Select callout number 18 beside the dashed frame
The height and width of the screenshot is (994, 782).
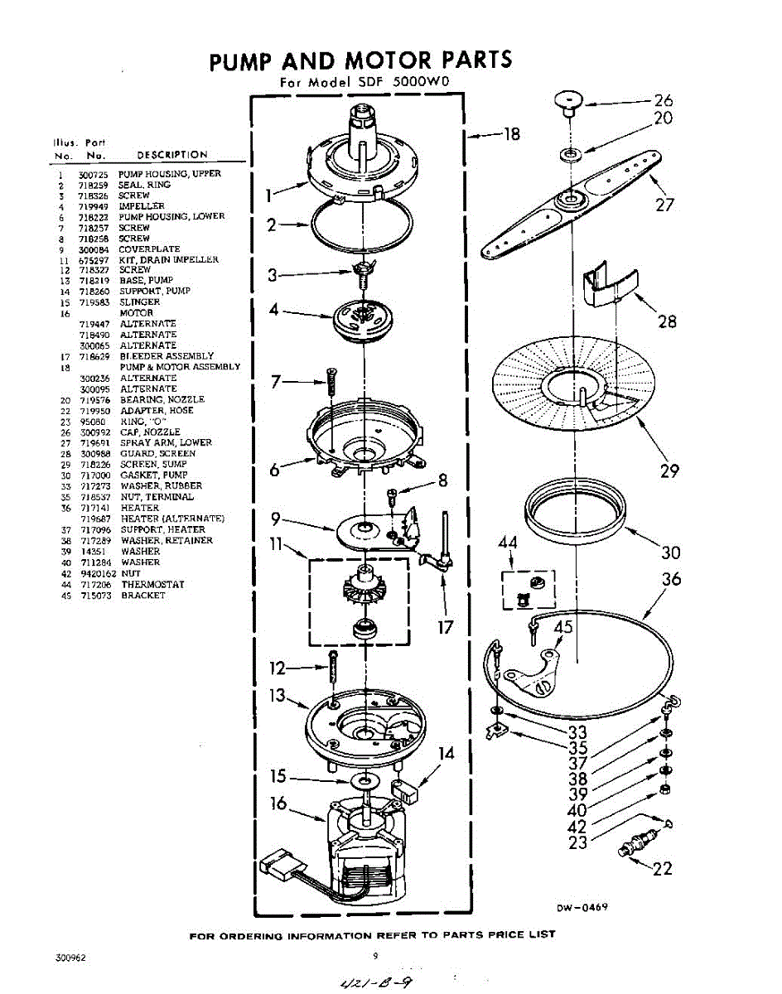tap(511, 133)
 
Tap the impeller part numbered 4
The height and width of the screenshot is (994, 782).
tap(364, 319)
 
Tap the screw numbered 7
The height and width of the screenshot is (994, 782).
tap(331, 382)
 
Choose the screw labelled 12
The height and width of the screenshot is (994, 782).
tap(333, 666)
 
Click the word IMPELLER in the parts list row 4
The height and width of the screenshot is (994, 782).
tap(142, 205)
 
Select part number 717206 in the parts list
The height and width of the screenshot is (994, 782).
tap(94, 585)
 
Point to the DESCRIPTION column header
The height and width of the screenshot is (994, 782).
tap(172, 155)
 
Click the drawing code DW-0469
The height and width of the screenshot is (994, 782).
tap(582, 907)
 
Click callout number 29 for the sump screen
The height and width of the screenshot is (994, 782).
tap(669, 471)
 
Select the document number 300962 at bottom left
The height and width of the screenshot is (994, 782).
tap(71, 957)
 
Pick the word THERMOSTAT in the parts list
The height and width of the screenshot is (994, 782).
tap(152, 585)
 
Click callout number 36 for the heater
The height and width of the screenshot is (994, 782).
tap(671, 579)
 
